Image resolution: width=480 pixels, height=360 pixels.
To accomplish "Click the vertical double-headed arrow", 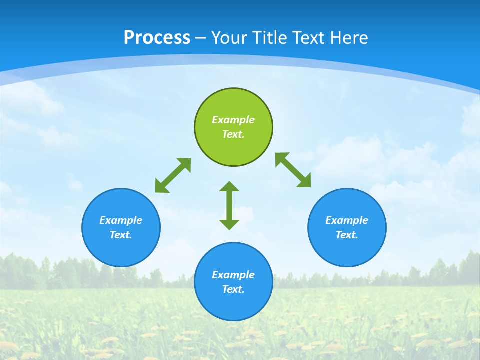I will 229,205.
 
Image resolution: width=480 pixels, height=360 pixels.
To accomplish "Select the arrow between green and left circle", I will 173,175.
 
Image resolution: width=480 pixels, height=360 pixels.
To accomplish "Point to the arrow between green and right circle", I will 293,170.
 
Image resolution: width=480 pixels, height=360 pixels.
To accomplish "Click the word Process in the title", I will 157,37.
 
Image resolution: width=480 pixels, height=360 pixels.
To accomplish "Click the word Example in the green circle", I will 233,120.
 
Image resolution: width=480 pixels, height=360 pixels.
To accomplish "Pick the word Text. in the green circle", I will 233,134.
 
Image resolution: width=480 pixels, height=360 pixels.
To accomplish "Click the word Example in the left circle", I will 121,220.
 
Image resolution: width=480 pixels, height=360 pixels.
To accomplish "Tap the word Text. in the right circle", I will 347,235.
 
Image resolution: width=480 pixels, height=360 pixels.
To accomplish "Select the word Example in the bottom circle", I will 233,275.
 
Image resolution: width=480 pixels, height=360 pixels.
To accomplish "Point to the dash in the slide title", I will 201,38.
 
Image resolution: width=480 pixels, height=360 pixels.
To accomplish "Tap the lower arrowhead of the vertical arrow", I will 229,224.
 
